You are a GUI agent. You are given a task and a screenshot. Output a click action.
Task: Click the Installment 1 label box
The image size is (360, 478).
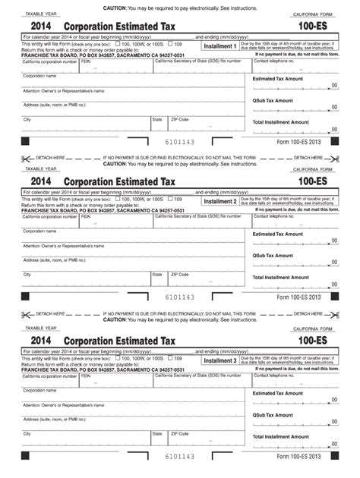[x=220, y=46]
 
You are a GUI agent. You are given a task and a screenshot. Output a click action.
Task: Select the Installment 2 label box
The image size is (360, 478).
[x=220, y=202]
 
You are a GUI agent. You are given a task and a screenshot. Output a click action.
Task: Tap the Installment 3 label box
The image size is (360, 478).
[x=220, y=360]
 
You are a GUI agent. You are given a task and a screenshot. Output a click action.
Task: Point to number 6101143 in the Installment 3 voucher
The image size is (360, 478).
[x=180, y=457]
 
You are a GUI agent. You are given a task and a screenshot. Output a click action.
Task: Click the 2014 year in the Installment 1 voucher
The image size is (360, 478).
[x=36, y=25]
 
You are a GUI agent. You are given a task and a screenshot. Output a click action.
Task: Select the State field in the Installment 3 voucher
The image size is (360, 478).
[x=159, y=439]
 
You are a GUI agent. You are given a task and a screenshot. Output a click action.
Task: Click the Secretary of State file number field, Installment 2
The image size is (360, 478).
[x=201, y=222]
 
